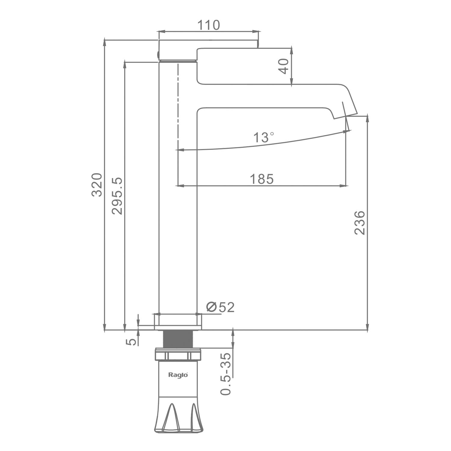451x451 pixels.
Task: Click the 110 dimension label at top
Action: (208, 25)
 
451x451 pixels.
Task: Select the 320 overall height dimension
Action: (97, 185)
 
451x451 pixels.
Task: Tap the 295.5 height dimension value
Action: (117, 196)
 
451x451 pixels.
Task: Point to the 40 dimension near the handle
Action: (284, 66)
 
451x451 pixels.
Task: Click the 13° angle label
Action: (264, 138)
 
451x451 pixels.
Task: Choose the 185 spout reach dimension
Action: (262, 179)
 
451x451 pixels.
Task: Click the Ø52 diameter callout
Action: (220, 307)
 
